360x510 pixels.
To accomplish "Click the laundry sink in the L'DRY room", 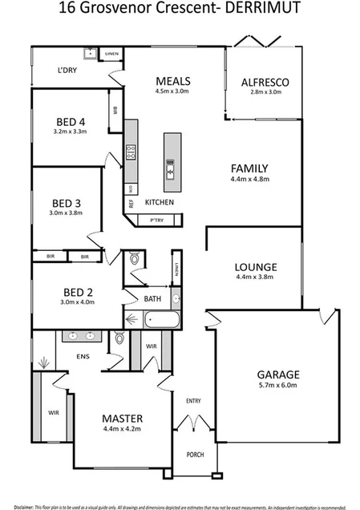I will tap(93, 55).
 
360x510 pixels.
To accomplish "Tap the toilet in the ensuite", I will tap(119, 338).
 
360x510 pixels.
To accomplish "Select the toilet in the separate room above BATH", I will tap(135, 259).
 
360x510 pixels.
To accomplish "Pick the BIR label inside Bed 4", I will tap(115, 110).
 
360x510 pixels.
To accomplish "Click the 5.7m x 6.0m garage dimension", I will tap(277, 386).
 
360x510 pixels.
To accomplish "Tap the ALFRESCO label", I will tap(265, 82).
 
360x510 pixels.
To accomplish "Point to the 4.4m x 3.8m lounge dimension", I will tap(256, 278).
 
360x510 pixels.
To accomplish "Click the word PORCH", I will tap(194, 454).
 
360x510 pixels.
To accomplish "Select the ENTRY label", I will tap(193, 401).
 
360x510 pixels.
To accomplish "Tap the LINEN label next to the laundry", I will tap(112, 54).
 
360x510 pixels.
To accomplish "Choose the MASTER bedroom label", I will tap(122, 419).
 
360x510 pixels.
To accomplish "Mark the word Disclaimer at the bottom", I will tap(26, 505).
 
